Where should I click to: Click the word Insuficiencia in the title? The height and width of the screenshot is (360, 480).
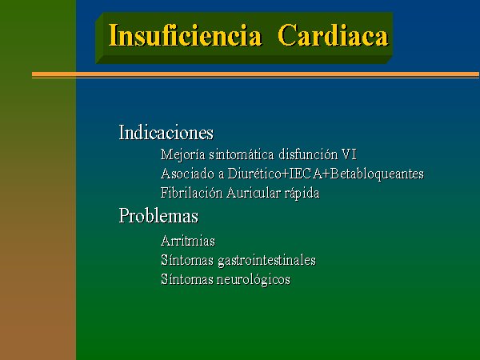(186, 35)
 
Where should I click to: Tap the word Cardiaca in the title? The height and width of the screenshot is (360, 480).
(333, 35)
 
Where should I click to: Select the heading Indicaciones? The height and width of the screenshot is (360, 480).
(166, 133)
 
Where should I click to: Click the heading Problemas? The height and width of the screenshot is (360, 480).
(158, 215)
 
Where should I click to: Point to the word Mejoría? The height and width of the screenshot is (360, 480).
(182, 155)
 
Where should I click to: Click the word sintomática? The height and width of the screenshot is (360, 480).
(242, 154)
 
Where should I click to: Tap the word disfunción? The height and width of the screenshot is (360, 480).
(308, 154)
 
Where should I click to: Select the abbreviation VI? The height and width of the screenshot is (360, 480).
(349, 154)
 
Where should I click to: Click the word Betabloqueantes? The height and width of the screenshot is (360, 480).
(377, 174)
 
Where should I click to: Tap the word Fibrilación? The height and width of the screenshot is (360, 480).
(192, 193)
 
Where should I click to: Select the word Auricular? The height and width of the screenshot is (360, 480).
(254, 193)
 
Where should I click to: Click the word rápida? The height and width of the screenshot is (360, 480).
(302, 194)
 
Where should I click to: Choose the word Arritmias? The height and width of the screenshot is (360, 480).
(188, 241)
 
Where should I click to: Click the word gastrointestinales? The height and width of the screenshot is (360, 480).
(266, 261)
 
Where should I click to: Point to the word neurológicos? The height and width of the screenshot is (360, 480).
(254, 280)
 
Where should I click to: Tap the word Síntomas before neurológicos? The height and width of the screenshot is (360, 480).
(187, 279)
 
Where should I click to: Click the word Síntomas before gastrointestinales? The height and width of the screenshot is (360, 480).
(187, 260)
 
